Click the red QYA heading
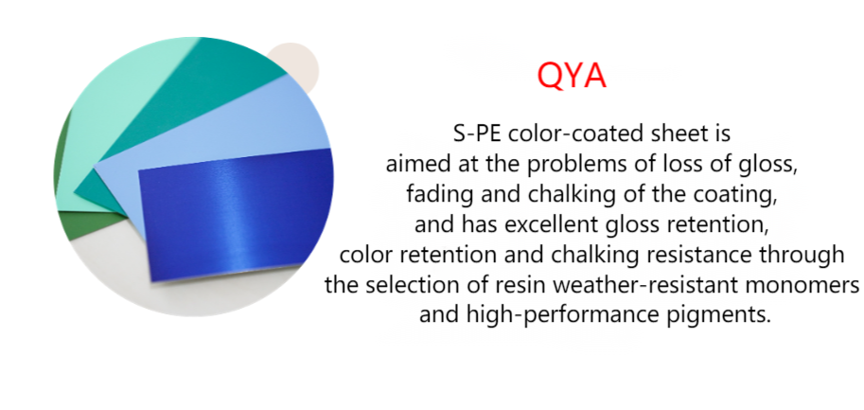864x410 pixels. point(572,76)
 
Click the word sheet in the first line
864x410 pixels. point(657,134)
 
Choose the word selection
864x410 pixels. point(403,286)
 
